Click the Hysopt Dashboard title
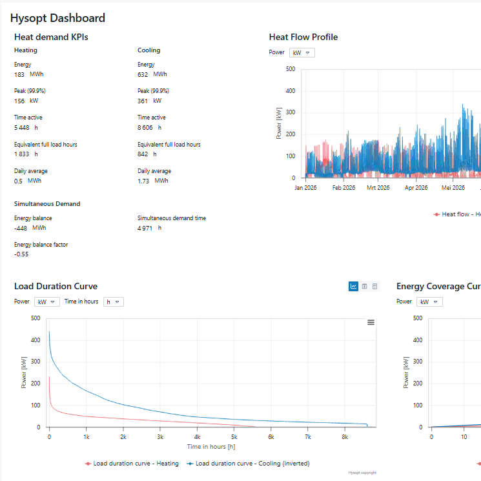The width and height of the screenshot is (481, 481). [x=57, y=19]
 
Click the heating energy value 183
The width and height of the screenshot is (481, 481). [x=19, y=75]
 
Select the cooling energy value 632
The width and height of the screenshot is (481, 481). [x=143, y=75]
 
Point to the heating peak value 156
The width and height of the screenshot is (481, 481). [x=19, y=101]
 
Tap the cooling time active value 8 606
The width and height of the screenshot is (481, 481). [x=147, y=128]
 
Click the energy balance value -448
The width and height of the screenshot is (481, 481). [x=21, y=228]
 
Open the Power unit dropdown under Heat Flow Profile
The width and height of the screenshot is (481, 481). [x=302, y=53]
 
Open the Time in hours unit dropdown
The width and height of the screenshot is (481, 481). [x=113, y=302]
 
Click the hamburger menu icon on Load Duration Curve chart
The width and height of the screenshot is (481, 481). [x=371, y=322]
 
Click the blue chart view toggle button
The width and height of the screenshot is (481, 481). [x=353, y=287]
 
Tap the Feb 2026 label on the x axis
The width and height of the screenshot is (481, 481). [x=343, y=188]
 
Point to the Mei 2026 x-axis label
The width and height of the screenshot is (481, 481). [x=453, y=188]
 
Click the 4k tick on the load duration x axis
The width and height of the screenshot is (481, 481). [x=198, y=437]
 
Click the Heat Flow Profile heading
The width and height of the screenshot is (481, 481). [x=303, y=37]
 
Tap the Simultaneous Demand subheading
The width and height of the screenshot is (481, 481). [x=47, y=204]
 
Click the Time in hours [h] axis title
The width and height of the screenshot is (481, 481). [x=211, y=447]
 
